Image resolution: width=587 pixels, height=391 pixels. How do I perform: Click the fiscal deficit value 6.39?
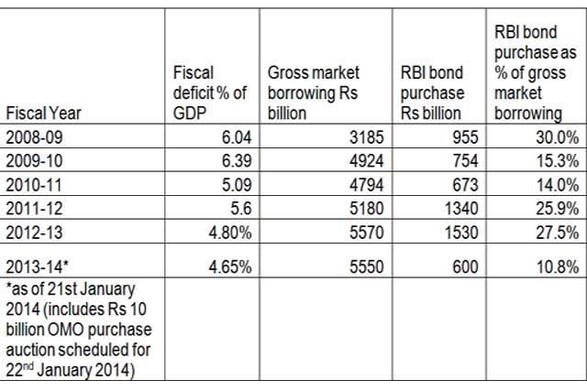(236, 159)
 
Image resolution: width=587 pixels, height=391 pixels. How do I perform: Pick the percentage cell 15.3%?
(556, 159)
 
